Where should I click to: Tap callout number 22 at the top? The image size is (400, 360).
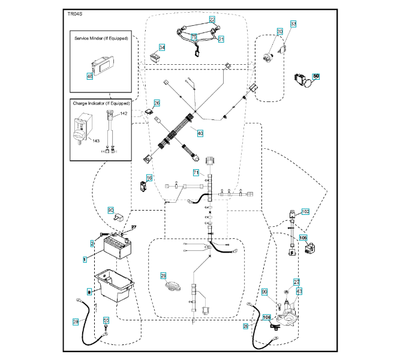click(x=212, y=20)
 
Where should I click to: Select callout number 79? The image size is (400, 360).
click(x=194, y=37)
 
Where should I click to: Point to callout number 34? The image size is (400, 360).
click(x=162, y=47)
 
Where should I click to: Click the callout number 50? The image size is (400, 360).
click(x=317, y=76)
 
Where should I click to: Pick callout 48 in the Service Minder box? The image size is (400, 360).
click(x=90, y=76)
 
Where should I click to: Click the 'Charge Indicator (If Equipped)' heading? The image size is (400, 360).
click(x=101, y=103)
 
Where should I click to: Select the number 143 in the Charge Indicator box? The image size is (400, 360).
click(x=95, y=140)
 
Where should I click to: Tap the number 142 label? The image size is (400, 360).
click(x=124, y=113)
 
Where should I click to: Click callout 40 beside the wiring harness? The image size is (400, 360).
click(x=200, y=133)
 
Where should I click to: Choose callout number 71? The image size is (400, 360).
click(x=196, y=173)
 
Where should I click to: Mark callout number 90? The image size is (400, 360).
click(x=110, y=210)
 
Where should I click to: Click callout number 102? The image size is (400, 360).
click(x=305, y=212)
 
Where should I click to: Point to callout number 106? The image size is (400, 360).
click(x=303, y=238)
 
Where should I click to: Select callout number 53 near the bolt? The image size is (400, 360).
click(x=106, y=321)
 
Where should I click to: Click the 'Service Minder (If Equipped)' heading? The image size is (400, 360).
click(x=101, y=38)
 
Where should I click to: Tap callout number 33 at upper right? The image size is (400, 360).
click(x=293, y=24)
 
